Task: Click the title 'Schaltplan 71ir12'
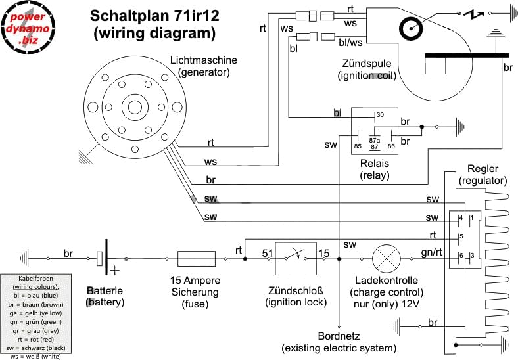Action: (x=154, y=15)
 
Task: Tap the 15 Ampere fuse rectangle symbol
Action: (x=197, y=259)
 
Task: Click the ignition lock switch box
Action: (x=294, y=259)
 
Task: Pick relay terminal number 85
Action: (x=358, y=146)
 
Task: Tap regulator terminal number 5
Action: (x=461, y=237)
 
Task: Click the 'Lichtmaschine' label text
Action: (x=203, y=60)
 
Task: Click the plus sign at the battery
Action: (x=116, y=270)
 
